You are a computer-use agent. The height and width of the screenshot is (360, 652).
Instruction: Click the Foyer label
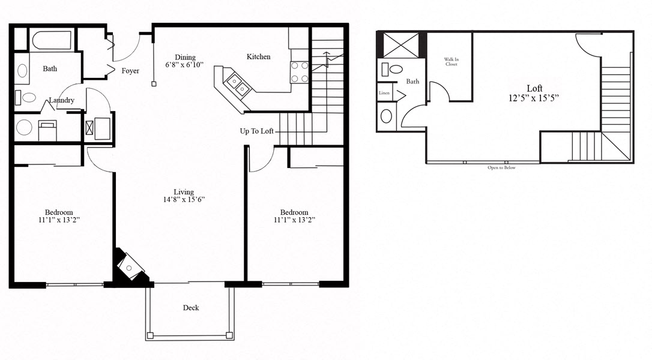(x=130, y=71)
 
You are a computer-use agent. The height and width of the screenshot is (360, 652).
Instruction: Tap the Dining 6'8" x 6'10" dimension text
(x=185, y=65)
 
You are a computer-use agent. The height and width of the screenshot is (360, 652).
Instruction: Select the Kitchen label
(x=258, y=57)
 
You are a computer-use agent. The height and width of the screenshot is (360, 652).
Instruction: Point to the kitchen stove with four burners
(x=300, y=72)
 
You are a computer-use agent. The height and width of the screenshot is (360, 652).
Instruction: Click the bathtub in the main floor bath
(x=51, y=40)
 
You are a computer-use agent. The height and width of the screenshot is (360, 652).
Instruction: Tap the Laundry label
(x=62, y=100)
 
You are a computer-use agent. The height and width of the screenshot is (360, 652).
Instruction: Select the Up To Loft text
(x=258, y=131)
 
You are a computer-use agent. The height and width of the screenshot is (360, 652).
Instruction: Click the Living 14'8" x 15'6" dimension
(x=185, y=199)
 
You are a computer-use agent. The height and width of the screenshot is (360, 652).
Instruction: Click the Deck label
(x=191, y=308)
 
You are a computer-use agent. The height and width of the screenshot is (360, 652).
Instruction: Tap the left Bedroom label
(x=59, y=212)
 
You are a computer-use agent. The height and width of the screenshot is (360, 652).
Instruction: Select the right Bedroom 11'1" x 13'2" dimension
(x=294, y=220)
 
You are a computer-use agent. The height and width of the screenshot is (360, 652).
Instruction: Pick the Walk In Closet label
(x=451, y=62)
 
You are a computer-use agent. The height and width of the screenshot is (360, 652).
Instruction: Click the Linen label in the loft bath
(x=384, y=93)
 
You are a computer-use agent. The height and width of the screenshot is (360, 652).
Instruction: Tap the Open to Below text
(x=501, y=167)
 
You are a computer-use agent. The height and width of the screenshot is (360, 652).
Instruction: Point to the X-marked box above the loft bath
(x=401, y=46)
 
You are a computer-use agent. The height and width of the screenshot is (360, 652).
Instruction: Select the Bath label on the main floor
(x=50, y=68)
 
